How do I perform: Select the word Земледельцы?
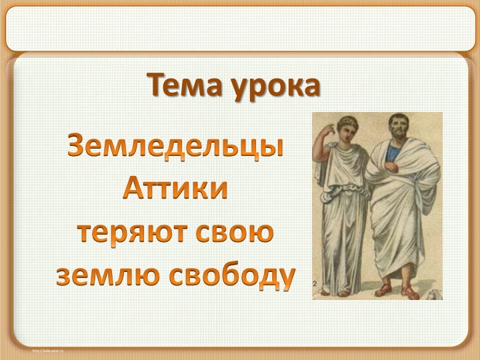pos(175,146)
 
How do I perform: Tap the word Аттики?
pos(175,190)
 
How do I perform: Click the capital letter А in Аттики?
pos(133,190)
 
